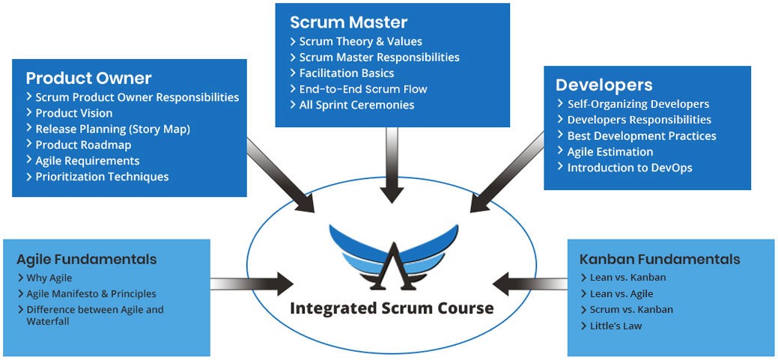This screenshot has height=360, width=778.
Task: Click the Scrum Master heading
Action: click(x=349, y=22)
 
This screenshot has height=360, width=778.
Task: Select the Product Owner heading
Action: click(x=89, y=79)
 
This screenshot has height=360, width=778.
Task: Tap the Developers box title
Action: click(x=604, y=85)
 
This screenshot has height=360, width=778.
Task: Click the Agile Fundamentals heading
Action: click(x=87, y=260)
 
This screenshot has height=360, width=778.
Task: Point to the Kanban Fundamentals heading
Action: click(x=660, y=260)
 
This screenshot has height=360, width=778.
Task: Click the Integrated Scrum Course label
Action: click(x=392, y=308)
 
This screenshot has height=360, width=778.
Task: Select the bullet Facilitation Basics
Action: click(x=342, y=73)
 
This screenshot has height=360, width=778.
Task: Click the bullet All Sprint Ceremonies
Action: click(x=352, y=105)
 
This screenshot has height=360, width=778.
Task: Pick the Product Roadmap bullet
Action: click(x=79, y=144)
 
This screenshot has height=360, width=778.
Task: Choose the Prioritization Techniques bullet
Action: click(x=97, y=177)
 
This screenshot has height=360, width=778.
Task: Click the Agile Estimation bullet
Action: click(x=605, y=152)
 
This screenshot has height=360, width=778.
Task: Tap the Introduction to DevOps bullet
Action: click(x=624, y=168)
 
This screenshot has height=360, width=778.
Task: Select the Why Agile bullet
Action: click(x=45, y=278)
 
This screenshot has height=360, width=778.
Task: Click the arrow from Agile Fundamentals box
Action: click(x=252, y=284)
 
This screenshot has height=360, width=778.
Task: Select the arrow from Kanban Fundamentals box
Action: click(x=530, y=284)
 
